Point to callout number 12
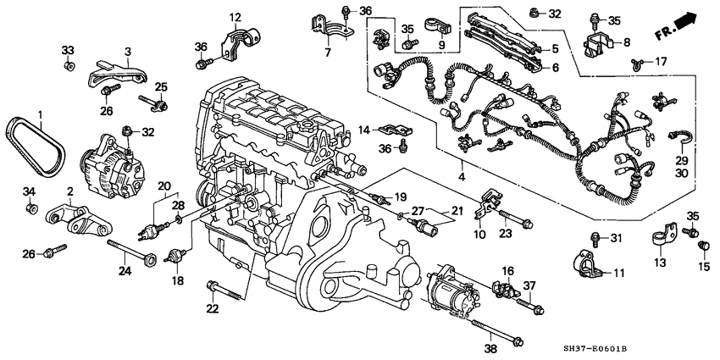click(x=235, y=16)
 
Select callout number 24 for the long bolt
click(x=125, y=272)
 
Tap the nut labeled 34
click(x=30, y=208)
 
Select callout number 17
click(x=661, y=61)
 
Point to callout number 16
click(x=508, y=270)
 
